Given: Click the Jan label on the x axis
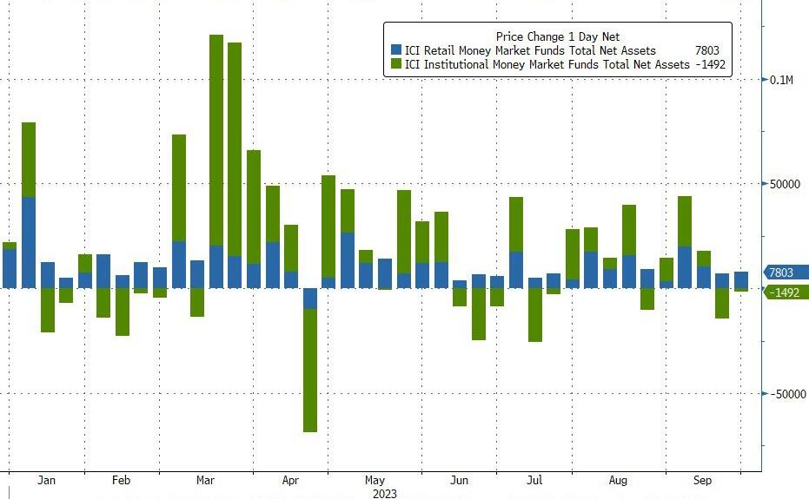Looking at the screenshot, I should [47, 480].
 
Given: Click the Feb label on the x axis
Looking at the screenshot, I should [122, 480].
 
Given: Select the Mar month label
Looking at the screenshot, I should [206, 480].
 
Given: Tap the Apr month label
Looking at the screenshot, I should [290, 480].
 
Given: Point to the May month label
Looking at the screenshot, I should [375, 480].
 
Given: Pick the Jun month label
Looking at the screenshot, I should [460, 480].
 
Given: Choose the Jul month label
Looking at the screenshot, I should [535, 480].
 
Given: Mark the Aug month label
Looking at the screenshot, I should [619, 480].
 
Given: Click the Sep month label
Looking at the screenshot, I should [703, 480].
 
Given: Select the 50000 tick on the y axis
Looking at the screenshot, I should [786, 184].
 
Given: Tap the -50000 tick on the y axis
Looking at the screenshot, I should [787, 394].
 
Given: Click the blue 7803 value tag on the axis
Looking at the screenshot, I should [786, 272].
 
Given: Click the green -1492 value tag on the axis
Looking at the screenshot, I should [787, 293].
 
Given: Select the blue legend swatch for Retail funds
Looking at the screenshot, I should [396, 51].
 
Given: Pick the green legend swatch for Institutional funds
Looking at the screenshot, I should [396, 65].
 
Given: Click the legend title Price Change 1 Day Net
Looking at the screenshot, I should [558, 37].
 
